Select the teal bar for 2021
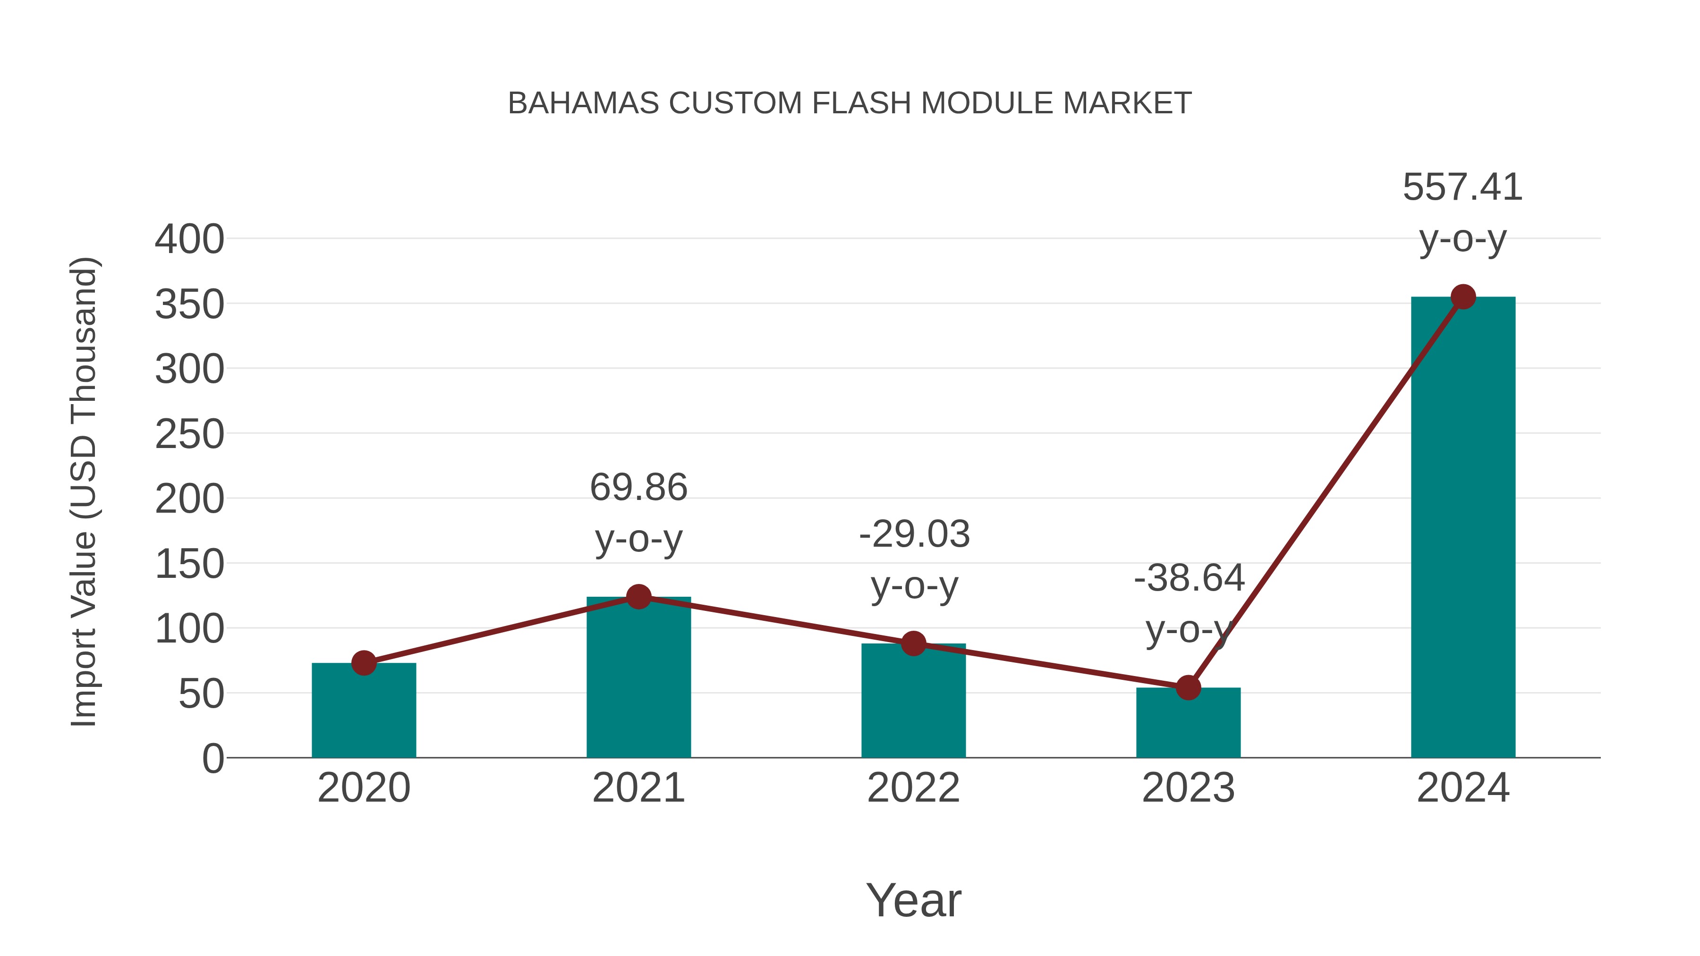point(638,679)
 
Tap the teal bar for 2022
point(913,702)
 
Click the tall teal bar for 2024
point(1463,528)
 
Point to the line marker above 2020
point(364,663)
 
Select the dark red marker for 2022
point(913,643)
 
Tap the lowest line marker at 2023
point(1188,687)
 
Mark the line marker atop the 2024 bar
point(1463,297)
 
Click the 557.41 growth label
point(1462,187)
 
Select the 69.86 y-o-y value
point(638,488)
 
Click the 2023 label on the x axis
point(1188,788)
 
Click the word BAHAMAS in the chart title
point(583,103)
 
